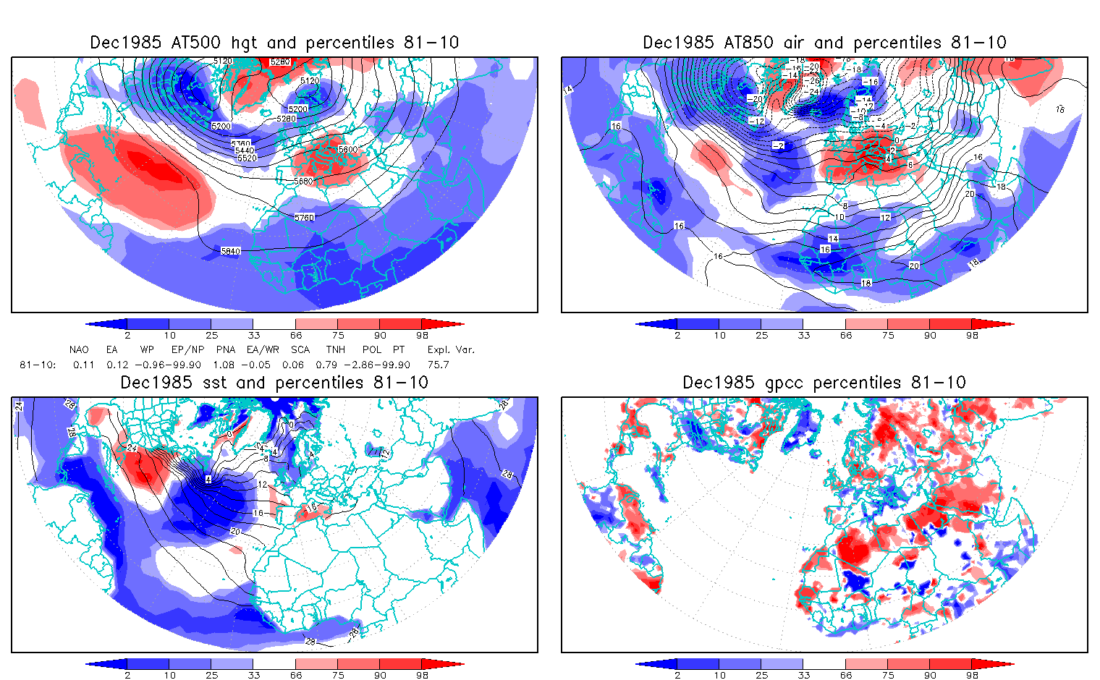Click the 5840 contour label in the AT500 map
click(230, 251)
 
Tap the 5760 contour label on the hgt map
click(305, 217)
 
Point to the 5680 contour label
click(304, 181)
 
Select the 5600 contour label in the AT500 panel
click(347, 149)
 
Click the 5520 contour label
click(247, 158)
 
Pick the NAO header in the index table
click(79, 349)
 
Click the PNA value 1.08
click(227, 365)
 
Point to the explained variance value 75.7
click(438, 365)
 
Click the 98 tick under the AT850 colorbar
click(972, 335)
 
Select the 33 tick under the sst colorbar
click(253, 675)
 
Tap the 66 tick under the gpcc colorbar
click(846, 675)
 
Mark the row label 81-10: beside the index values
click(38, 365)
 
